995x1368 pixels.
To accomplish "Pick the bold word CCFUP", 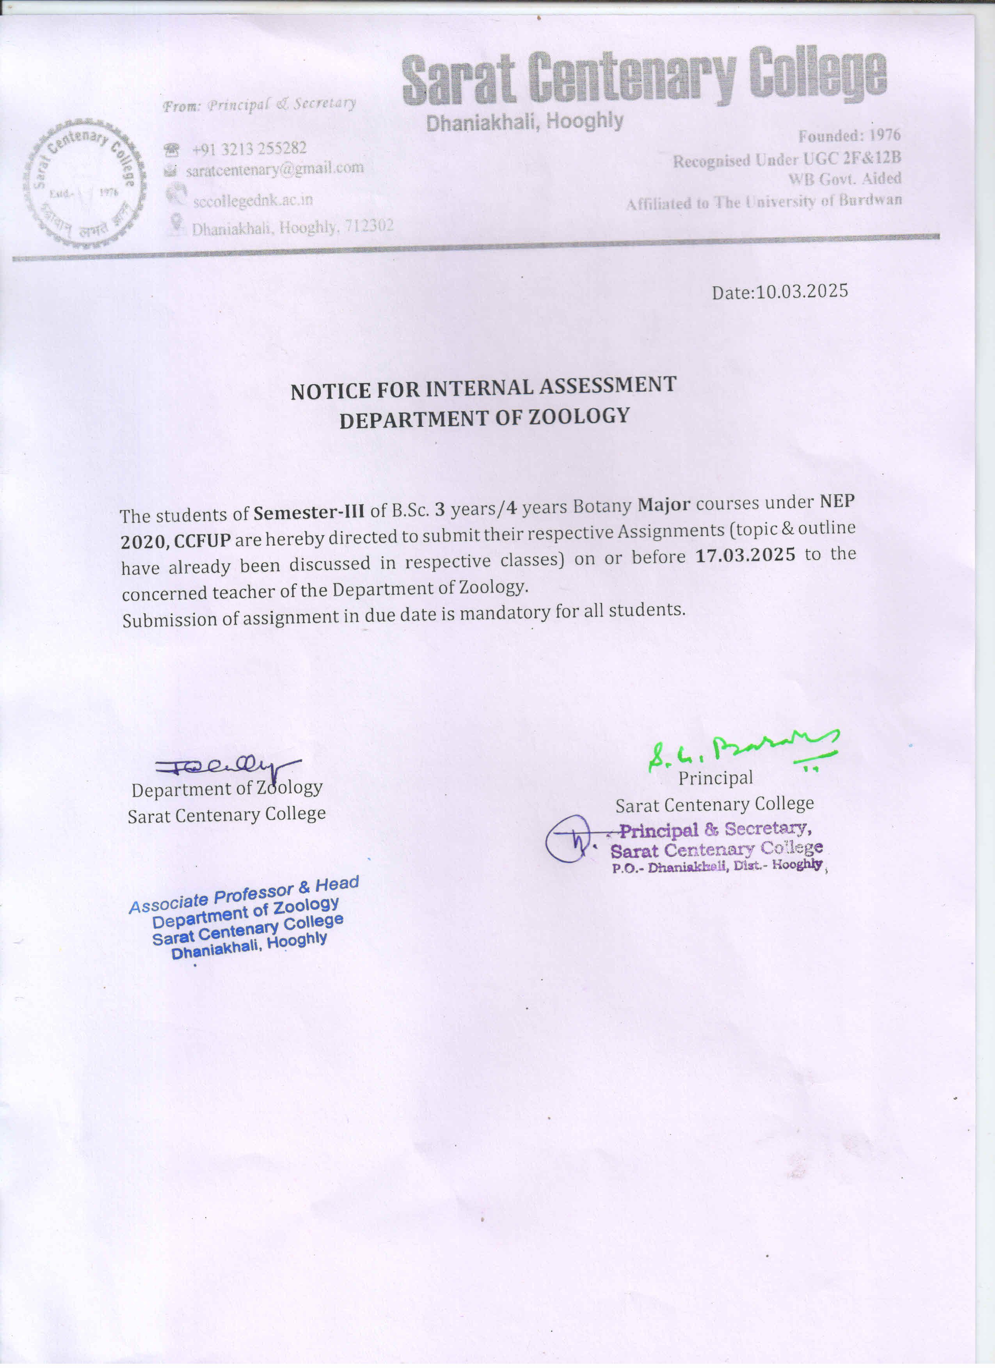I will point(202,540).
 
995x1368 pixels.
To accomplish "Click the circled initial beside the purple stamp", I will point(567,839).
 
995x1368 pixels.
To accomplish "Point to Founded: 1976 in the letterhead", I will point(849,136).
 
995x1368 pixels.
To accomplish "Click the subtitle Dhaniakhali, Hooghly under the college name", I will point(524,122).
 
